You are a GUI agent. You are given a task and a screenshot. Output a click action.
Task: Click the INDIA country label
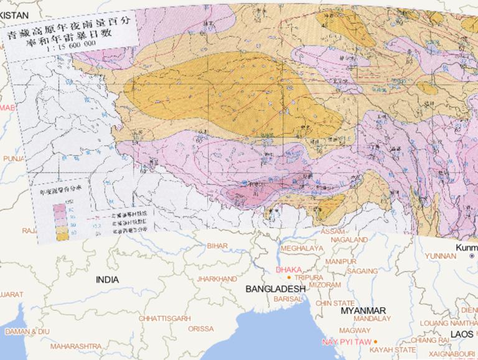tap(107, 280)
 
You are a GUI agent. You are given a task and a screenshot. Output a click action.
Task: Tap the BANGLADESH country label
tap(276, 289)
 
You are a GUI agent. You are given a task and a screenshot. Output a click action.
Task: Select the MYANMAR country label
tap(364, 311)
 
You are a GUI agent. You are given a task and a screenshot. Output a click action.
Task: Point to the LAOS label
tap(461, 335)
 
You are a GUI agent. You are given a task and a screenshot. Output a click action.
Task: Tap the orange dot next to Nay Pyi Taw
tap(375, 341)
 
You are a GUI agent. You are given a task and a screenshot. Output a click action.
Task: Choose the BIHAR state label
tap(218, 246)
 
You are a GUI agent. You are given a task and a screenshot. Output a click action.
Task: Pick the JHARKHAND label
tap(217, 279)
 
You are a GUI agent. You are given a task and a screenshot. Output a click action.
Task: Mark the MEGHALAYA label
tap(302, 248)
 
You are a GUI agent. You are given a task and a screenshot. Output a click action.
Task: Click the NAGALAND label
tap(349, 239)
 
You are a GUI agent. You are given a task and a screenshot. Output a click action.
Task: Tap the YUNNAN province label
tap(440, 256)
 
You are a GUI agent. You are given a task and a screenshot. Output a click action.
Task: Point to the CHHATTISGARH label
tap(164, 318)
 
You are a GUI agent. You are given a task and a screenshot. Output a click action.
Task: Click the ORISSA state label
tap(200, 329)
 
